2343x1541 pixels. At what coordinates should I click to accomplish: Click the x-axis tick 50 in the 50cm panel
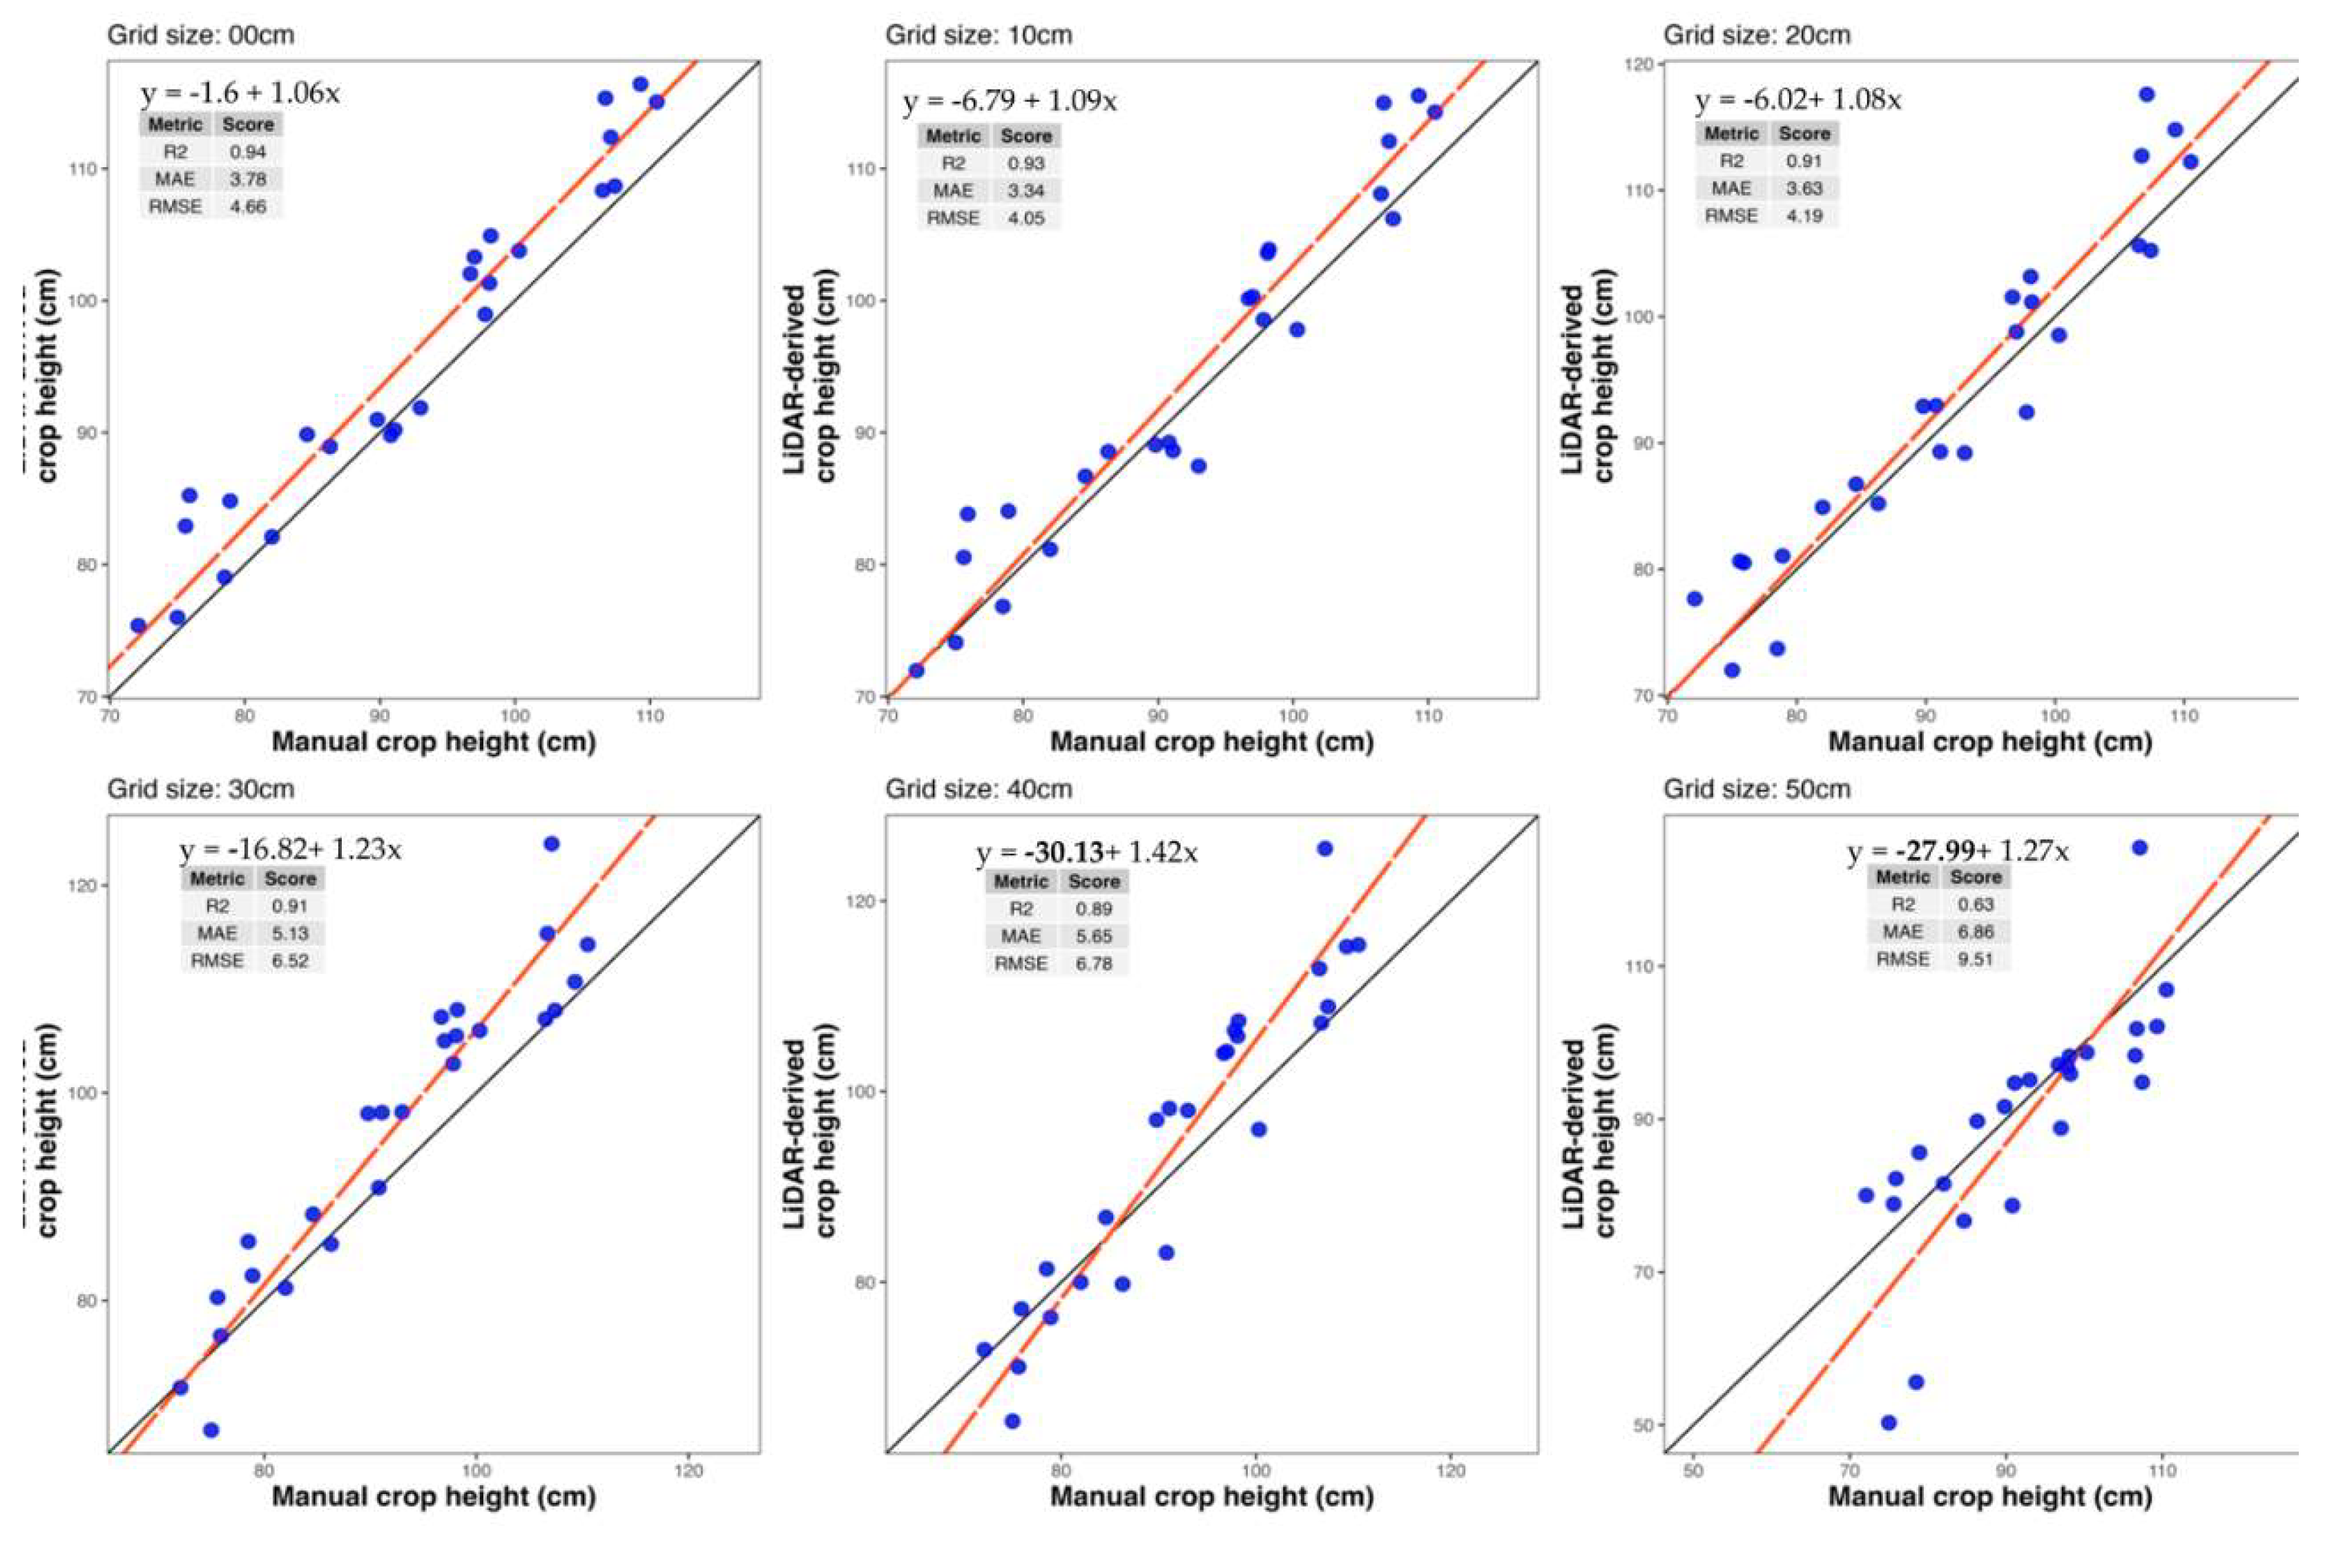(1693, 1471)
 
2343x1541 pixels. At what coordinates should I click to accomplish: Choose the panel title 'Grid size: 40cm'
(978, 789)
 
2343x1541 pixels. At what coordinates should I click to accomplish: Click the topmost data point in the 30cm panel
(551, 844)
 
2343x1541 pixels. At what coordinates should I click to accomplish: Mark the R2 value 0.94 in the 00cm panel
(248, 152)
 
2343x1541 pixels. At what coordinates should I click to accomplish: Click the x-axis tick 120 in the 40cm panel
(1451, 1471)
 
